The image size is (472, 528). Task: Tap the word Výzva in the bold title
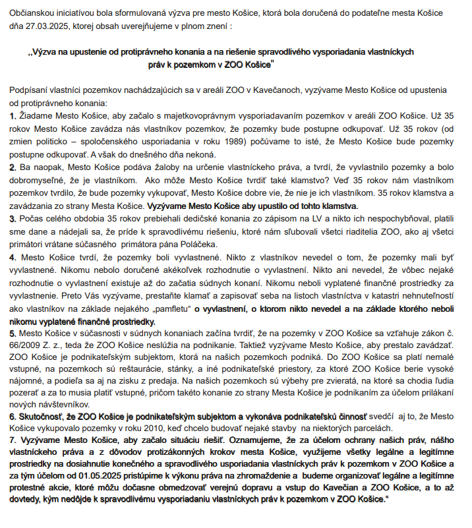(46, 51)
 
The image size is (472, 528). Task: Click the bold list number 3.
(12, 218)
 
